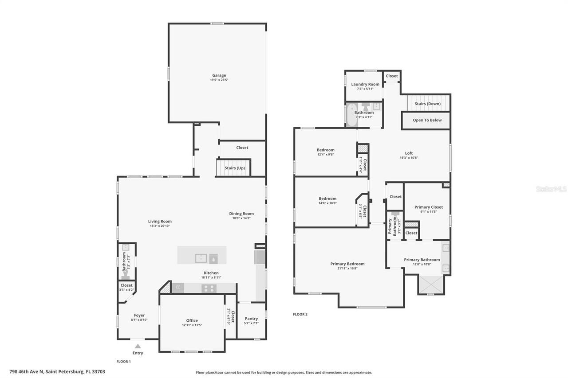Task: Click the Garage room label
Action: pyautogui.click(x=219, y=75)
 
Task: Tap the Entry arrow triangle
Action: pyautogui.click(x=138, y=346)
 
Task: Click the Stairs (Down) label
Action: pyautogui.click(x=428, y=104)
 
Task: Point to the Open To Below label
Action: pyautogui.click(x=427, y=120)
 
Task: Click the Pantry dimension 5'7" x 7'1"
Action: pyautogui.click(x=251, y=323)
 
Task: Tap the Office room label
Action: pyautogui.click(x=192, y=320)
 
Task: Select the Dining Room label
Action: pyautogui.click(x=241, y=214)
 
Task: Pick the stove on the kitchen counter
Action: pyautogui.click(x=208, y=288)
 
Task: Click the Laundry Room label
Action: pyautogui.click(x=365, y=84)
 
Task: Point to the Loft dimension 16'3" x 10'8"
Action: pyautogui.click(x=409, y=158)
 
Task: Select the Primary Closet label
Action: pyautogui.click(x=429, y=207)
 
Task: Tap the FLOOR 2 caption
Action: pyautogui.click(x=300, y=315)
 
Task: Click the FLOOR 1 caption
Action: pyautogui.click(x=123, y=362)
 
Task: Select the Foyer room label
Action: pyautogui.click(x=139, y=316)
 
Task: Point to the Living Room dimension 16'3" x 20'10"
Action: pyautogui.click(x=160, y=226)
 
